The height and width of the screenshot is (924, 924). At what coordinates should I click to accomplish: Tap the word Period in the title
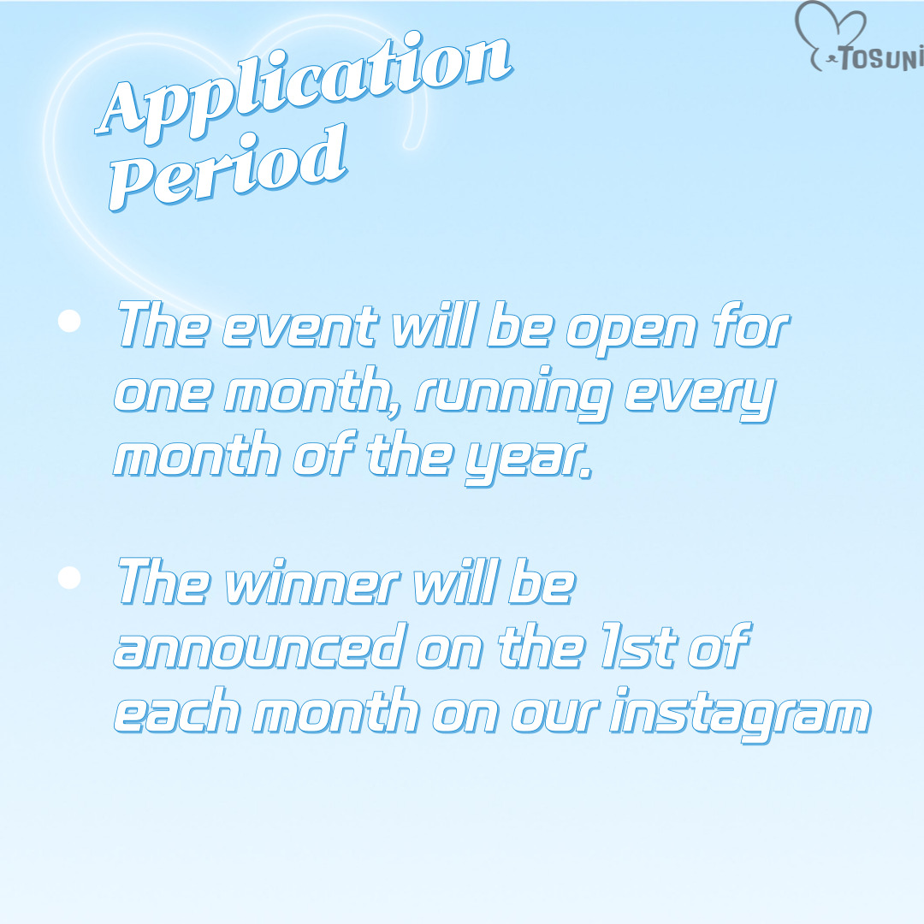228,168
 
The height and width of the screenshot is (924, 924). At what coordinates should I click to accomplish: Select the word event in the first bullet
299,327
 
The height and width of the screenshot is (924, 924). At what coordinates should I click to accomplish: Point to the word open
631,331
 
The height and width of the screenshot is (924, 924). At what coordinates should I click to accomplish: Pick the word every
699,396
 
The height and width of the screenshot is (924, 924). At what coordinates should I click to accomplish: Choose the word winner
312,583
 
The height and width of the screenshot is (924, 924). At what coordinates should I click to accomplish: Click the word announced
260,646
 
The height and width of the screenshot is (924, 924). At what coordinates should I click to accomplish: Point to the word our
555,714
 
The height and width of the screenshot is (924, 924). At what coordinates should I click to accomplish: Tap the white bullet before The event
69,321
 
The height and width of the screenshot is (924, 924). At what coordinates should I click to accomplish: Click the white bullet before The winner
69,577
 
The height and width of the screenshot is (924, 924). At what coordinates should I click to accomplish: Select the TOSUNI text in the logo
880,58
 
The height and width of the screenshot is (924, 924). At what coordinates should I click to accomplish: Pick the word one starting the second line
162,394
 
